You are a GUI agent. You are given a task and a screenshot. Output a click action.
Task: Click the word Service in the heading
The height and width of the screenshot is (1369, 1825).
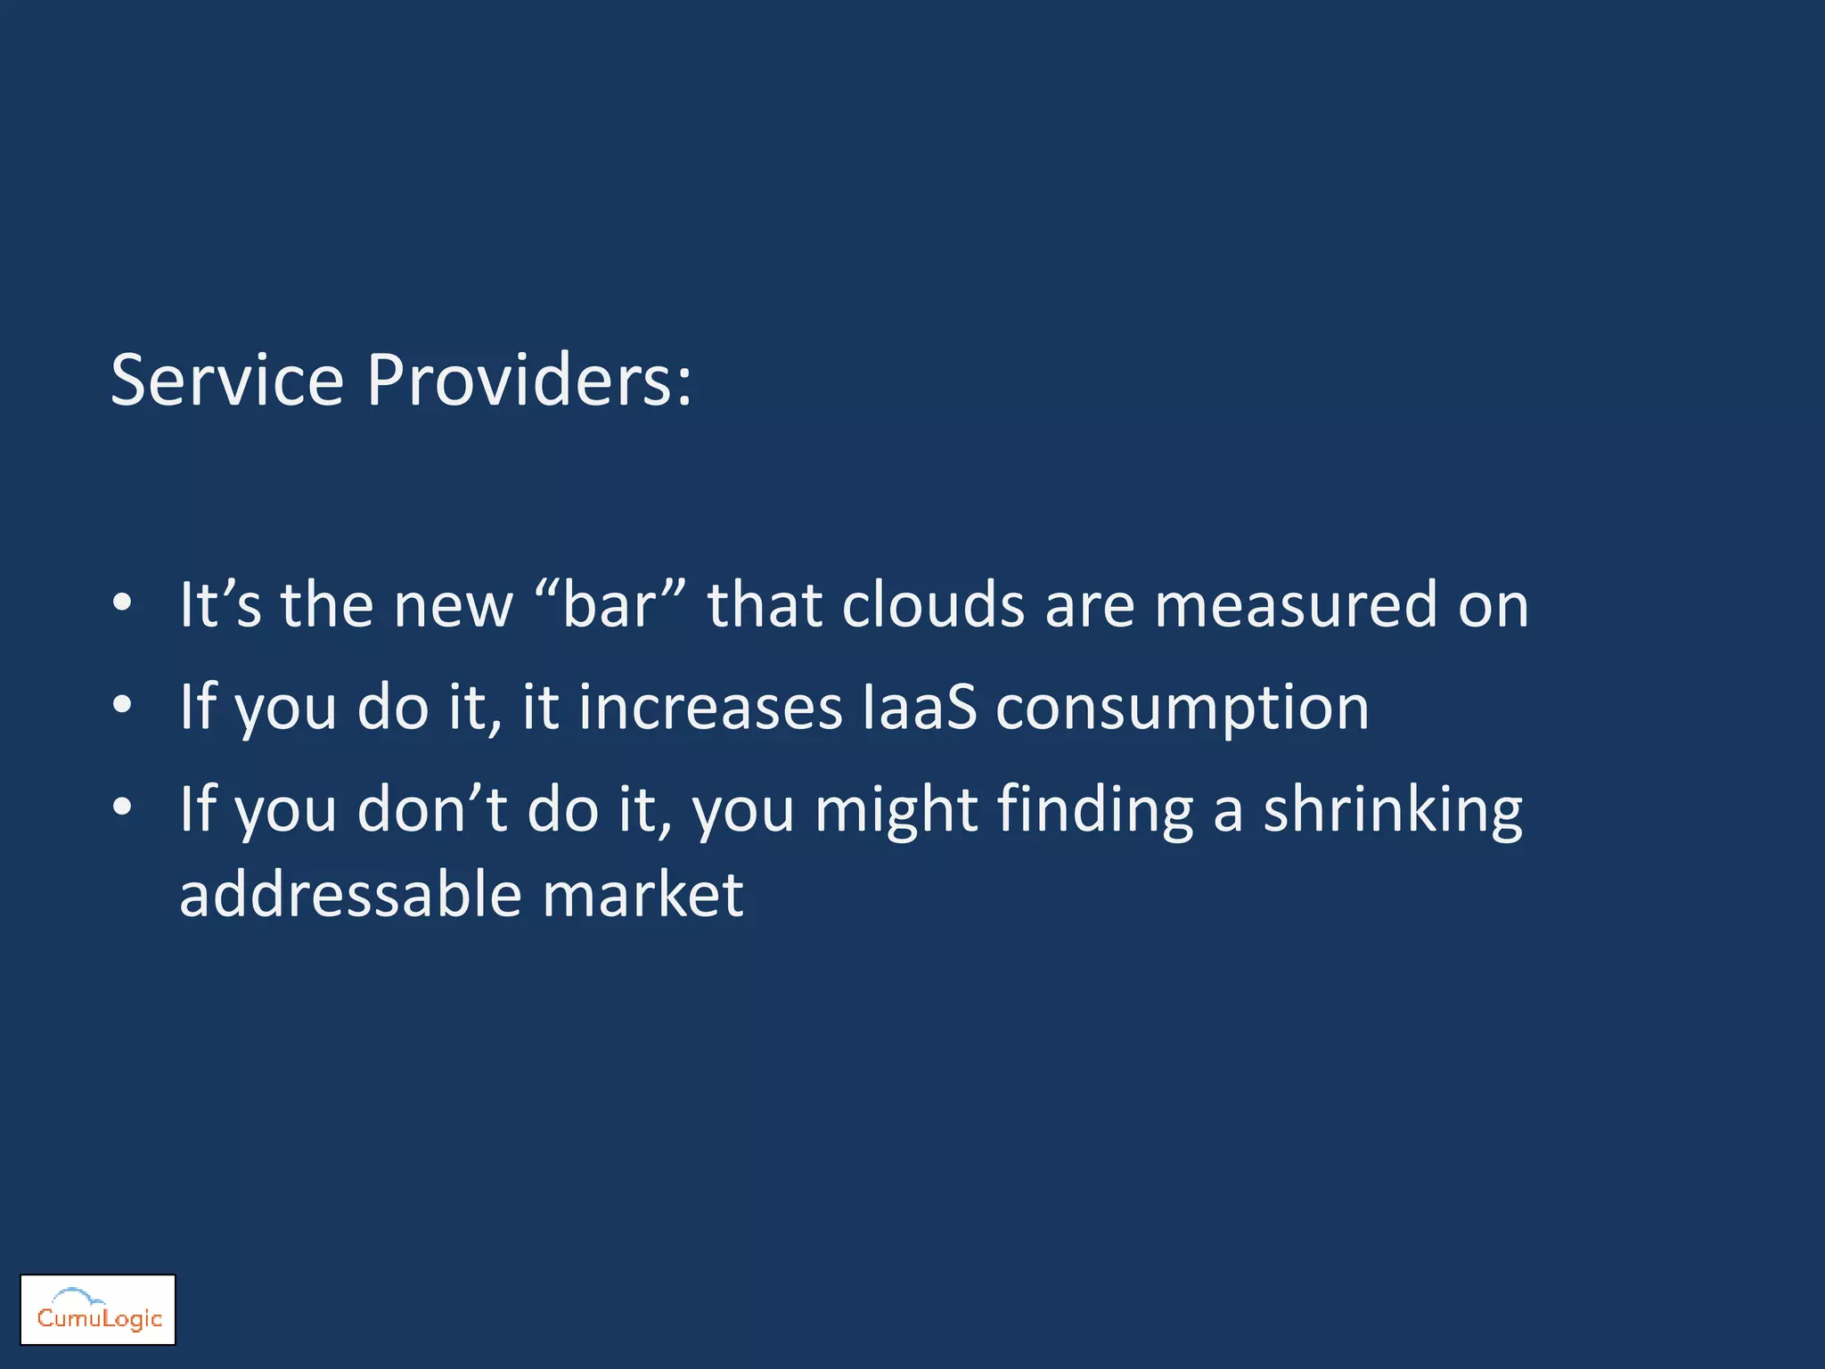[227, 381]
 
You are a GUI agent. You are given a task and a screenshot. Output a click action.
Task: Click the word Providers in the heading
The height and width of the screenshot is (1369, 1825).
[528, 381]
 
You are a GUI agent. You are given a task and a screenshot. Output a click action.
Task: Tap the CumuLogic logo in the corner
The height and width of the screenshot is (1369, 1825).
[98, 1309]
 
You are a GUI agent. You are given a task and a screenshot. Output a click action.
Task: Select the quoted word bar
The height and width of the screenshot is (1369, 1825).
[610, 605]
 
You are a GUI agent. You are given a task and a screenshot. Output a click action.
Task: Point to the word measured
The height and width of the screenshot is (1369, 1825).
[1296, 605]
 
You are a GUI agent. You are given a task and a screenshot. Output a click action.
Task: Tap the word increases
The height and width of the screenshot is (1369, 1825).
[710, 708]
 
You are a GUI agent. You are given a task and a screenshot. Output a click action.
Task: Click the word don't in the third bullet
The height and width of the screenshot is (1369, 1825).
[432, 809]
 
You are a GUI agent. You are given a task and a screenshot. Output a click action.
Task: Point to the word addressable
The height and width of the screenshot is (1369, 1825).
[350, 895]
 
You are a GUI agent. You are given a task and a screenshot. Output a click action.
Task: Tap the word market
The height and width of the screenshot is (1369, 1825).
[642, 895]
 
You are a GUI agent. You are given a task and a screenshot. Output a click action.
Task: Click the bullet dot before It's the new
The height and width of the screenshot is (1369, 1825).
[123, 604]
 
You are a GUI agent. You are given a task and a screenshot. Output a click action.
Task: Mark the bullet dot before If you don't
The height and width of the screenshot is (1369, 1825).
[123, 807]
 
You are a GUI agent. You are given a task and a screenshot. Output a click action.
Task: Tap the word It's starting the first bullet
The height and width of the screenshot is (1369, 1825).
[220, 605]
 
